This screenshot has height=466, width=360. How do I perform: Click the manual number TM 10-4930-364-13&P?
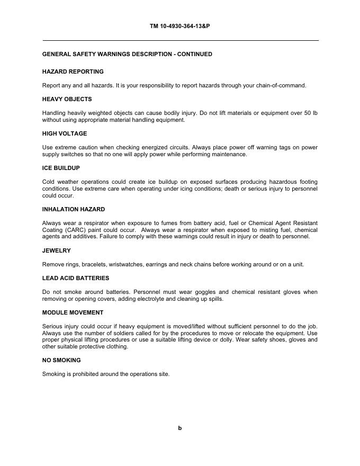point(180,25)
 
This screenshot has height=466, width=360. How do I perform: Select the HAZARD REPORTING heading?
point(73,71)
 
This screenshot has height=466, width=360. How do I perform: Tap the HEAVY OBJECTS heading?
point(67,99)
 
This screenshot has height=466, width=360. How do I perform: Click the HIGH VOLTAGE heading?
point(65,133)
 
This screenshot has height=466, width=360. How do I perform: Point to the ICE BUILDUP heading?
point(61,168)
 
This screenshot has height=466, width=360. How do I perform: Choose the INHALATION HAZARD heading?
point(74,209)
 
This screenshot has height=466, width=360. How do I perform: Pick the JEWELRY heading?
point(56,250)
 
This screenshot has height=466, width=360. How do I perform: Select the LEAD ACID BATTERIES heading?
point(76,278)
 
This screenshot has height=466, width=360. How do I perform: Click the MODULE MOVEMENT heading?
point(73,312)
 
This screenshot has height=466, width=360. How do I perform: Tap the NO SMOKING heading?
point(61,360)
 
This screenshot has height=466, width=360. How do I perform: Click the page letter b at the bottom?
point(180,428)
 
